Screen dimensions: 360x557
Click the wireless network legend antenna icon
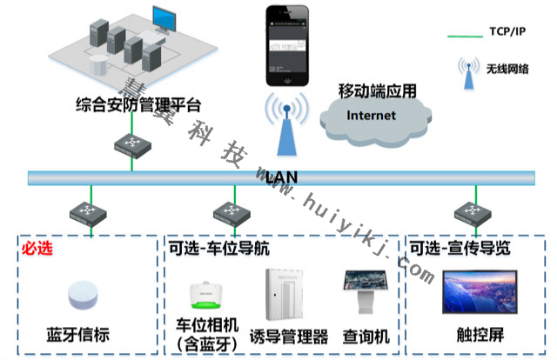469,73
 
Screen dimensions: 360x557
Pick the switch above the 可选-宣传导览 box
467,212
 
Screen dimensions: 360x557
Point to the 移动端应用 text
377,90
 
